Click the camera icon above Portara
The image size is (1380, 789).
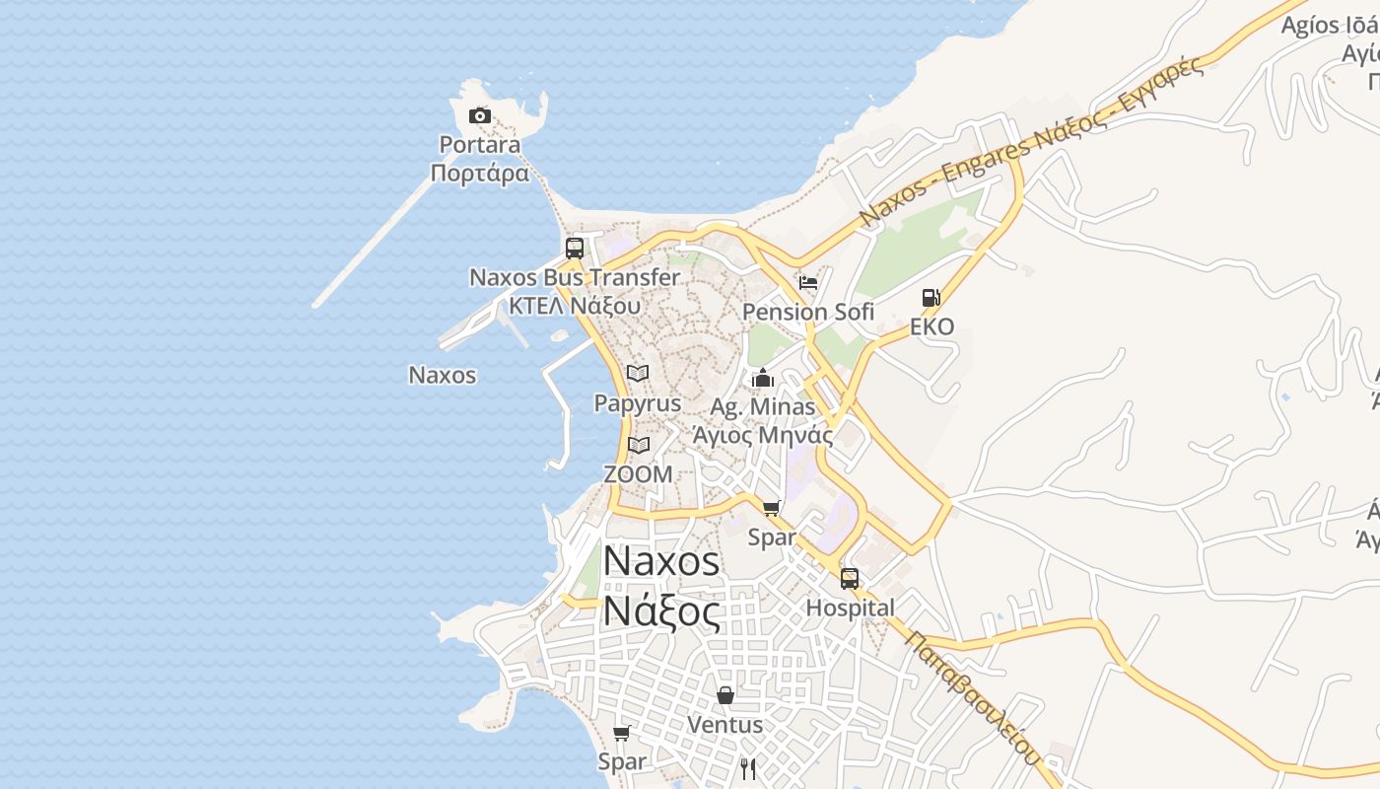(x=480, y=116)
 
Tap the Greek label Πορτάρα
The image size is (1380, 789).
(x=480, y=174)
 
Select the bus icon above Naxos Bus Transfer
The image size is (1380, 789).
(x=575, y=249)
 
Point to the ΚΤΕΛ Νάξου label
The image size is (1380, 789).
(x=575, y=305)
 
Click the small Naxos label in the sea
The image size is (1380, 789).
(x=443, y=375)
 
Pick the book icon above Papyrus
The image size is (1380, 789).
(x=638, y=374)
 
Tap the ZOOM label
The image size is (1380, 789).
(x=638, y=474)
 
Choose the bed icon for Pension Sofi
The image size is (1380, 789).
(x=808, y=283)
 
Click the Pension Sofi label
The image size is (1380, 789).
(x=808, y=312)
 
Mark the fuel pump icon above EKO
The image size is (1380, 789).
(x=931, y=298)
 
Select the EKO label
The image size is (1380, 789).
(x=931, y=326)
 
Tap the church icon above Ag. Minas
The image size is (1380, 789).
(x=763, y=378)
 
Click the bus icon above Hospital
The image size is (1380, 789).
(x=850, y=579)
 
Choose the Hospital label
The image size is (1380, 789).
(x=850, y=608)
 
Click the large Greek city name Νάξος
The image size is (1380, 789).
(x=660, y=611)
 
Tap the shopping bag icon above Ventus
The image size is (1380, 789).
(x=725, y=695)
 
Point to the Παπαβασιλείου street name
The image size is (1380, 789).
(x=973, y=697)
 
